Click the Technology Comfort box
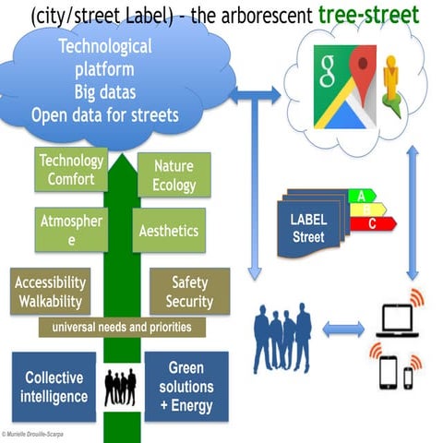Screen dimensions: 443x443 pyautogui.click(x=71, y=171)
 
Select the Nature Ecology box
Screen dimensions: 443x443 pyautogui.click(x=174, y=175)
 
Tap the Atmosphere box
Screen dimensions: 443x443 pyautogui.click(x=71, y=230)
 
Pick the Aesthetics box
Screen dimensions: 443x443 pyautogui.click(x=169, y=231)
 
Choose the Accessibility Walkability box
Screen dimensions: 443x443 pyautogui.click(x=51, y=292)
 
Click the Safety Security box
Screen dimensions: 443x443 pyautogui.click(x=189, y=292)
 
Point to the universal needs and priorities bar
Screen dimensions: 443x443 pyautogui.click(x=122, y=328)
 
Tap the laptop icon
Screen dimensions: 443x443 pyautogui.click(x=398, y=319)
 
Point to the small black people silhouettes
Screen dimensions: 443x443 pyautogui.click(x=121, y=387)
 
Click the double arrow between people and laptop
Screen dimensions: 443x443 pyautogui.click(x=342, y=328)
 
